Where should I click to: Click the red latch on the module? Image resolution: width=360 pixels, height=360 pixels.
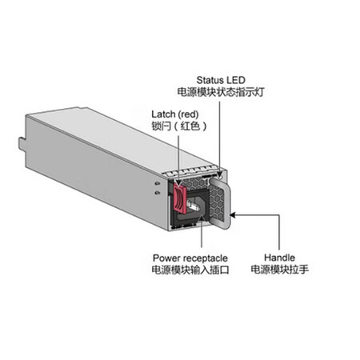[180, 199]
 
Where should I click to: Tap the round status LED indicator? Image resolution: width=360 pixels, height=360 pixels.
[220, 176]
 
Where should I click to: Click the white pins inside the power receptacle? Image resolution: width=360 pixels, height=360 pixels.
[193, 205]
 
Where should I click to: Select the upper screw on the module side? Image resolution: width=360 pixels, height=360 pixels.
[157, 183]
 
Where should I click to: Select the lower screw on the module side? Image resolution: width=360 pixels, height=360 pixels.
[157, 193]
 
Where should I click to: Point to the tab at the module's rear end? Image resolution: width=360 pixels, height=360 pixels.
[22, 143]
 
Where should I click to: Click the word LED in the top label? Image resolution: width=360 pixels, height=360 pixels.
[235, 80]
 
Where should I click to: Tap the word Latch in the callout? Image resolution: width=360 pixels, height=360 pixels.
[163, 114]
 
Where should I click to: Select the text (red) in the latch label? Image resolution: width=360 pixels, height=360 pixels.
[188, 114]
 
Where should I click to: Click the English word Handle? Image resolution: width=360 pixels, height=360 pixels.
[279, 258]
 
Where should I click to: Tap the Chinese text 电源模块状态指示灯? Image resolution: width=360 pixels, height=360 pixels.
[221, 92]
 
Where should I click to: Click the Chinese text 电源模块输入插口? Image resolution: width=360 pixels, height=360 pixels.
[190, 270]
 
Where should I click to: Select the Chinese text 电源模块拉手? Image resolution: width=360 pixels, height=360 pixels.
[280, 270]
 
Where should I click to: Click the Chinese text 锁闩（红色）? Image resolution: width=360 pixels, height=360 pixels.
[179, 126]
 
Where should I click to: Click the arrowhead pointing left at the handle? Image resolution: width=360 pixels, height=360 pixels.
[233, 214]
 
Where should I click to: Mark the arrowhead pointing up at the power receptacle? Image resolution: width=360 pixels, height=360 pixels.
[202, 218]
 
